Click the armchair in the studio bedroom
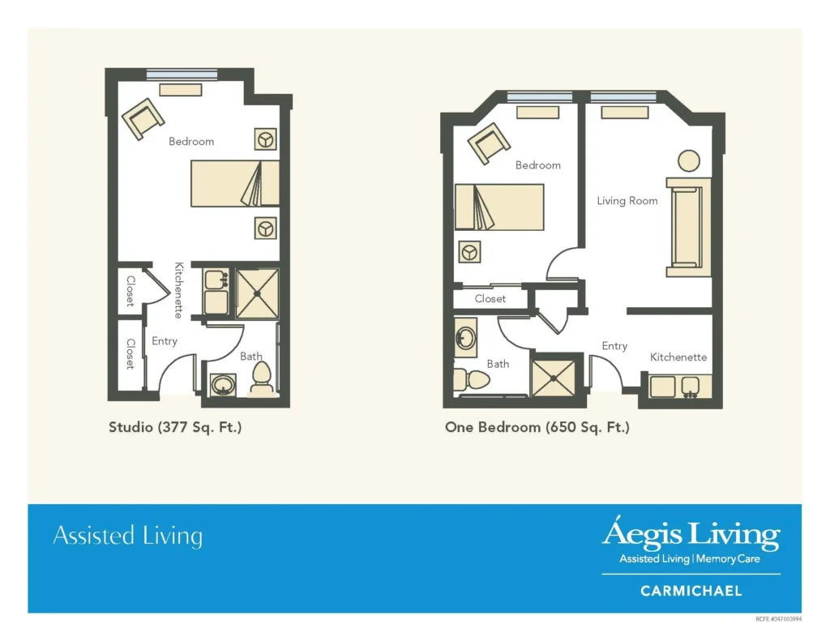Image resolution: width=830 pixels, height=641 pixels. (143, 118)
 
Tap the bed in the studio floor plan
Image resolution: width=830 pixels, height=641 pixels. (235, 183)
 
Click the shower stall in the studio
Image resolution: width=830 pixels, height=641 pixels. (257, 293)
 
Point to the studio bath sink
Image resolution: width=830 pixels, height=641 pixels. (223, 384)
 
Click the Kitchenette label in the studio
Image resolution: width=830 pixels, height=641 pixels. (178, 290)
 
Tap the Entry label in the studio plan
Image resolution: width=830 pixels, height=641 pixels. (165, 341)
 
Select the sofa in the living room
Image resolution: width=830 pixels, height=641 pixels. (688, 227)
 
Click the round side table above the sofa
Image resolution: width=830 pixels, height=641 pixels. (689, 160)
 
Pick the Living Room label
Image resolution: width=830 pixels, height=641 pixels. (627, 201)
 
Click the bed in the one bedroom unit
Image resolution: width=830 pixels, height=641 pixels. (499, 207)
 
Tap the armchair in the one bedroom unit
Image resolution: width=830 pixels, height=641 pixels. (489, 143)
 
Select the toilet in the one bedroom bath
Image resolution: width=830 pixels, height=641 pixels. (471, 379)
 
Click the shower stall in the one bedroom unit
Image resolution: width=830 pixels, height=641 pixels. (553, 378)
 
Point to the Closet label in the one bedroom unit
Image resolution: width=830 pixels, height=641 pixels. (490, 298)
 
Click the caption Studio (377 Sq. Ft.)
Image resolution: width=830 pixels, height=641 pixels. (175, 427)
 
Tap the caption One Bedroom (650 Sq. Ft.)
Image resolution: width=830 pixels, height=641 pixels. (537, 427)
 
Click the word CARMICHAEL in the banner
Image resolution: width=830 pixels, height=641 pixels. (691, 591)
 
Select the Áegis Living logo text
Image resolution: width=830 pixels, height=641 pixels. (691, 535)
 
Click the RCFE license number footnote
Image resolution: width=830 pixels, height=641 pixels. (778, 619)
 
